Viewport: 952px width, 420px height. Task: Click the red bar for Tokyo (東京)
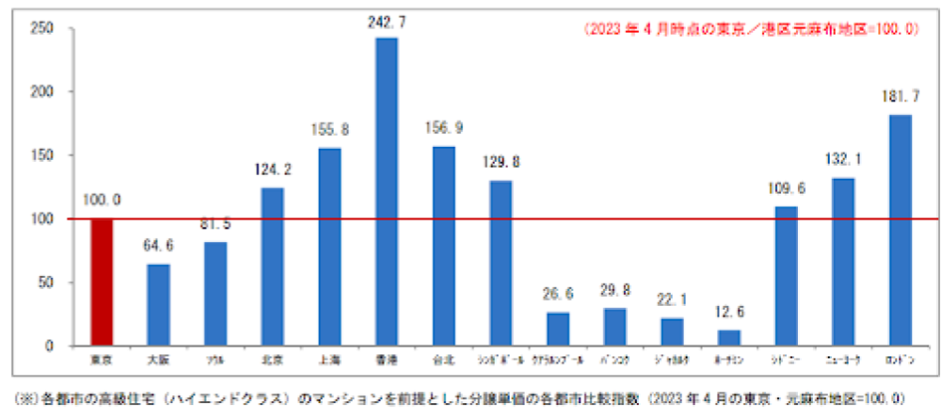(101, 282)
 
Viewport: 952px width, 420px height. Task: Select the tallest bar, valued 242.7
(387, 192)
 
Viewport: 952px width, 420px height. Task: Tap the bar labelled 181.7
(900, 230)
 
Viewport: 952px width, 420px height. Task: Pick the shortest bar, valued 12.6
(728, 338)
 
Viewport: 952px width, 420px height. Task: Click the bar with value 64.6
(158, 305)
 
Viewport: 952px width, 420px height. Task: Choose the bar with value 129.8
(500, 263)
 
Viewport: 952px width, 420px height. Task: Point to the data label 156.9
(444, 128)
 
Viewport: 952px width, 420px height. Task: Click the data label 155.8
(330, 129)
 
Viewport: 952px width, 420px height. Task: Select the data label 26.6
(557, 294)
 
